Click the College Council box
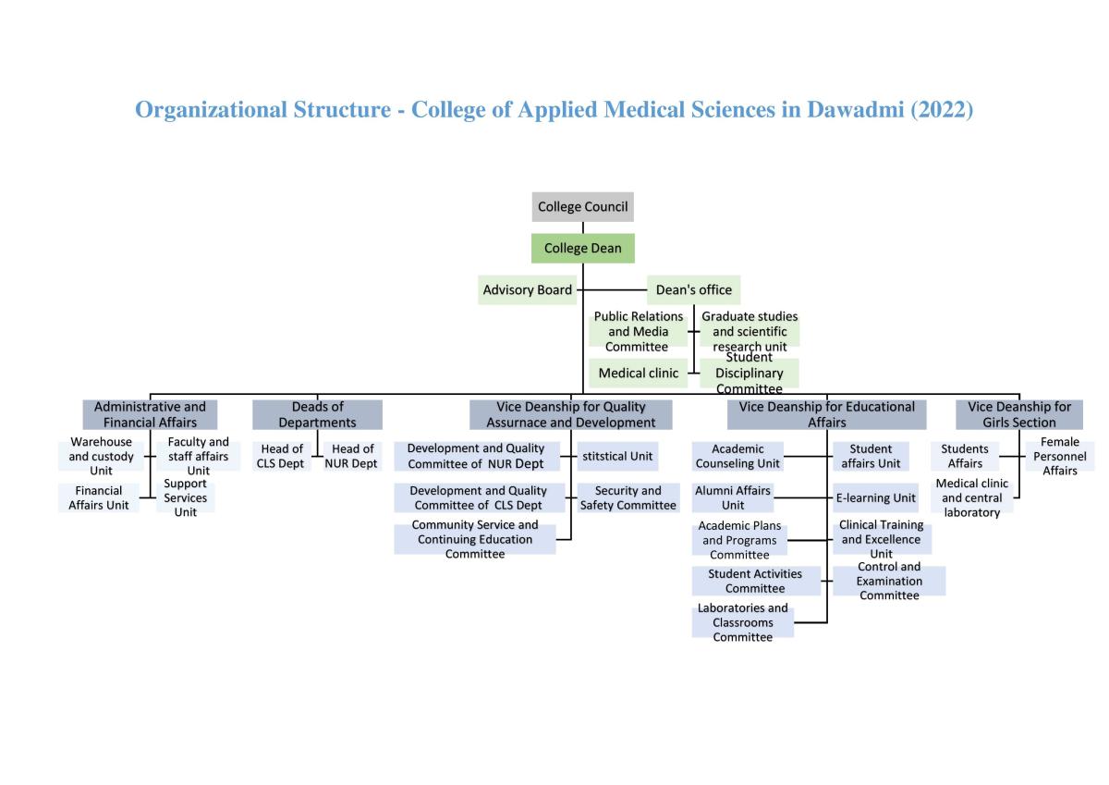[x=582, y=207]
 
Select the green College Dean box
[x=582, y=249]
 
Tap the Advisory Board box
[x=527, y=290]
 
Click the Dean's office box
[x=693, y=290]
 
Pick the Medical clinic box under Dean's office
[x=638, y=374]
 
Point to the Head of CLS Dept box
[x=281, y=456]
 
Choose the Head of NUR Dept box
[x=351, y=456]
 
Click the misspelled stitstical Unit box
[x=617, y=456]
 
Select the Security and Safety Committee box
[x=628, y=497]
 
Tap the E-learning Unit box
[x=875, y=497]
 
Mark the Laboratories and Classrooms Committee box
[x=742, y=622]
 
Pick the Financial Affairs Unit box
[x=99, y=497]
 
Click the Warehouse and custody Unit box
[x=102, y=456]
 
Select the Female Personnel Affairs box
[x=1059, y=456]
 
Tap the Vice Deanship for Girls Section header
[x=1018, y=414]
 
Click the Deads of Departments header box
[x=317, y=414]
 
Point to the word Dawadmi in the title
[x=856, y=110]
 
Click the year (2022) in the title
[x=942, y=110]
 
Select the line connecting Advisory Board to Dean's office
[x=612, y=290]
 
